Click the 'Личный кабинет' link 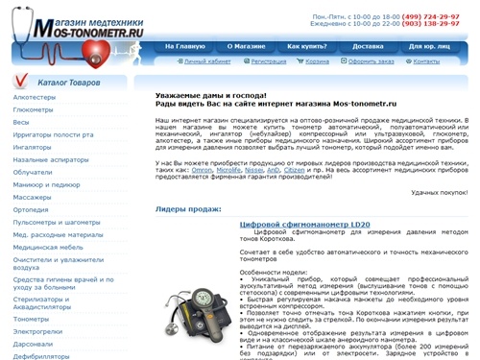(x=207, y=60)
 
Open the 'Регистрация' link (x=275, y=60)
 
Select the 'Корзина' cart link (x=333, y=60)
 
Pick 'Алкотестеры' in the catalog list (x=34, y=97)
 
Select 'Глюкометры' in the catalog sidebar (x=33, y=109)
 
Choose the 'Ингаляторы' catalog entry (x=33, y=147)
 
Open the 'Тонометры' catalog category (x=31, y=319)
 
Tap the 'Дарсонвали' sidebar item (x=34, y=344)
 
